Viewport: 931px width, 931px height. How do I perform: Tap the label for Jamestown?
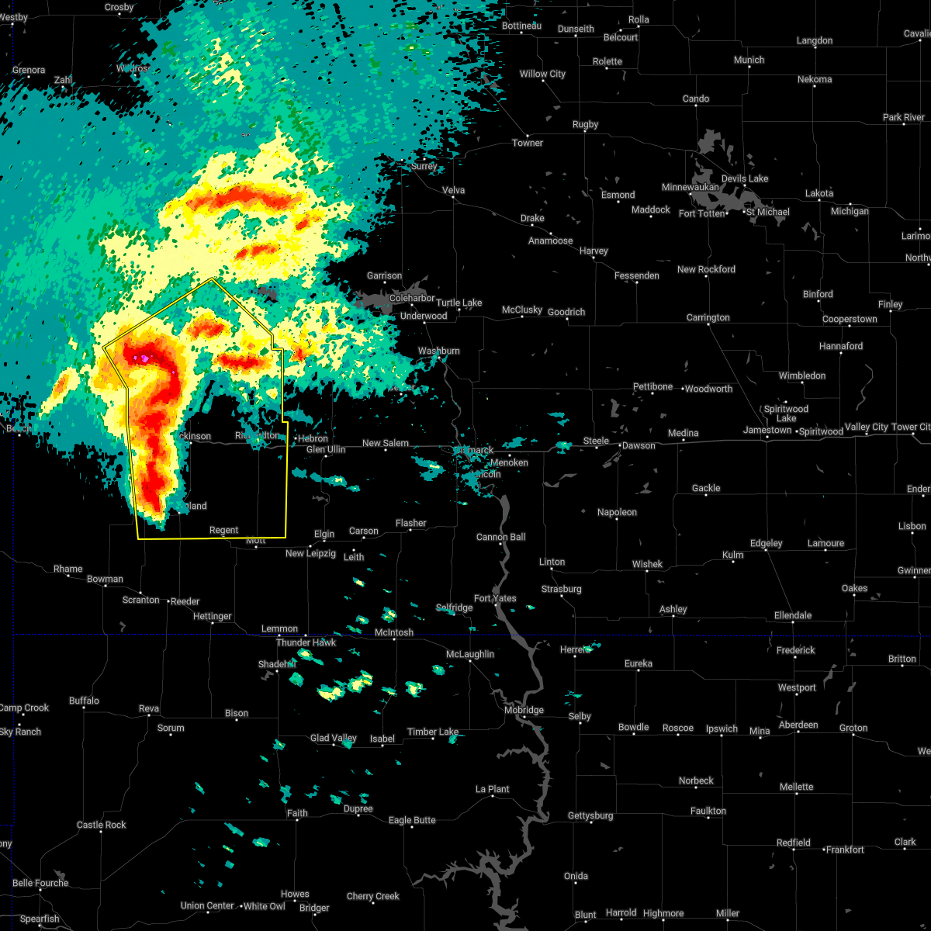(767, 430)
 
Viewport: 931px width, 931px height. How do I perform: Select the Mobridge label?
(524, 710)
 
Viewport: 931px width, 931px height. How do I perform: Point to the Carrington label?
(708, 317)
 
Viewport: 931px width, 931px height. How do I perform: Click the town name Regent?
(223, 531)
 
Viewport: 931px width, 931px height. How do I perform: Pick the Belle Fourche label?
(40, 883)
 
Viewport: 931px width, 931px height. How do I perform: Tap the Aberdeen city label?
(798, 725)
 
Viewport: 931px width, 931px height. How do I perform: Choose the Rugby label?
(585, 124)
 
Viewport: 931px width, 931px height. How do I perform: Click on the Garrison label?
(384, 275)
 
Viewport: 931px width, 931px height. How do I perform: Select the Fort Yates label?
(495, 598)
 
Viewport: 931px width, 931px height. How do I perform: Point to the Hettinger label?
(212, 616)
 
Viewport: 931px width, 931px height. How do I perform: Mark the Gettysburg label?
(590, 815)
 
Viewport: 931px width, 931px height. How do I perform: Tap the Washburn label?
(439, 351)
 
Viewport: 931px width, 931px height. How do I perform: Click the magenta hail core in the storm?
(144, 358)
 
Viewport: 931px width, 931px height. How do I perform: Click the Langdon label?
(815, 40)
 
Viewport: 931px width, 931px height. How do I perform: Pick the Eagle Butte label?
(412, 820)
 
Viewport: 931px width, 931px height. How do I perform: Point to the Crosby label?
(119, 7)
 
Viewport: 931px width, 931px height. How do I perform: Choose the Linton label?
(552, 562)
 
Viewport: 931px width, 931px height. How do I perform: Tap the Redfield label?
(794, 843)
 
